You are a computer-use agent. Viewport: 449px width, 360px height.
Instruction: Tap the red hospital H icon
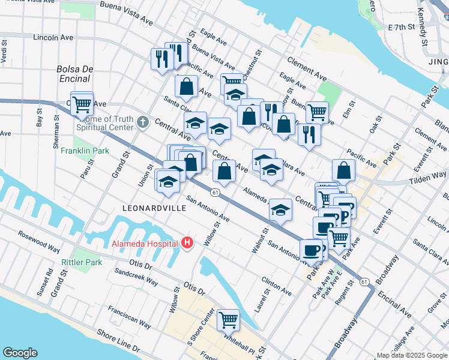pos(187,243)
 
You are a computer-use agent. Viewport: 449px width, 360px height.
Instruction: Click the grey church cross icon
pos(142,122)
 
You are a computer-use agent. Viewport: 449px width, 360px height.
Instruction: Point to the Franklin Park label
pos(85,151)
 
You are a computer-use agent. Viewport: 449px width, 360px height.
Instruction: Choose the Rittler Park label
pos(82,262)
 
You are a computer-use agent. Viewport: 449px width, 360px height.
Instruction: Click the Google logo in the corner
pos(20,353)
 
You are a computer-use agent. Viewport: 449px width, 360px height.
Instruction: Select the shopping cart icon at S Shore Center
pos(228,320)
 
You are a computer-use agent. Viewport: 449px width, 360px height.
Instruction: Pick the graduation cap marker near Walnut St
pos(280,210)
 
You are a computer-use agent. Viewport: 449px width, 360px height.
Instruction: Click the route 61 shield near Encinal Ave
pos(364,281)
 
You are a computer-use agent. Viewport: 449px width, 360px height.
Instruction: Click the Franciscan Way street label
pos(129,317)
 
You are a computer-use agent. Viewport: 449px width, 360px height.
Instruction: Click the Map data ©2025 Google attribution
pos(411,355)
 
